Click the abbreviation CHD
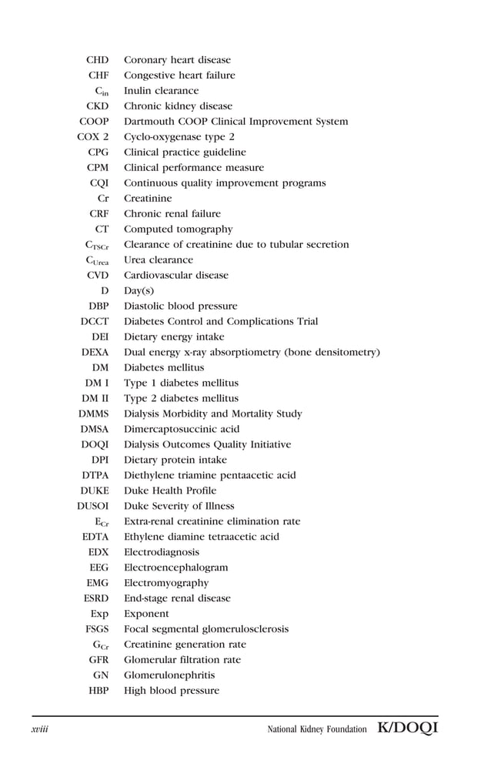pyautogui.click(x=97, y=60)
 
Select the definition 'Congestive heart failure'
pyautogui.click(x=179, y=75)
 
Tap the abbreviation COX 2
pyautogui.click(x=93, y=137)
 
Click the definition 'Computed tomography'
pyautogui.click(x=178, y=229)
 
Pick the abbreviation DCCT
pyautogui.click(x=95, y=322)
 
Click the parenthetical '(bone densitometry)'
pyautogui.click(x=332, y=353)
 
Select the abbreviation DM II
pyautogui.click(x=95, y=399)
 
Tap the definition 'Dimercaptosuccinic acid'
pyautogui.click(x=182, y=430)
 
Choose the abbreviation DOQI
pyautogui.click(x=95, y=445)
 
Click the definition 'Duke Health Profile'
pyautogui.click(x=170, y=491)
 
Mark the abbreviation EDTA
pyautogui.click(x=95, y=538)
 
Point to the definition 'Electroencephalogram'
pyautogui.click(x=175, y=568)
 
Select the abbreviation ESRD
pyautogui.click(x=95, y=598)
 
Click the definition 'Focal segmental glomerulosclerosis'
pyautogui.click(x=206, y=629)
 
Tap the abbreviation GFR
pyautogui.click(x=98, y=660)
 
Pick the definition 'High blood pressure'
pyautogui.click(x=172, y=691)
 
